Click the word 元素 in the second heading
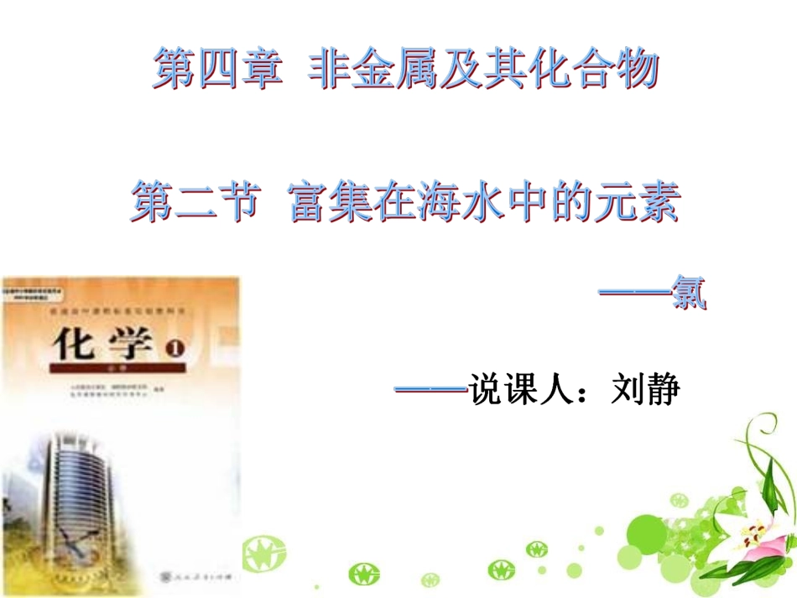[638, 204]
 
